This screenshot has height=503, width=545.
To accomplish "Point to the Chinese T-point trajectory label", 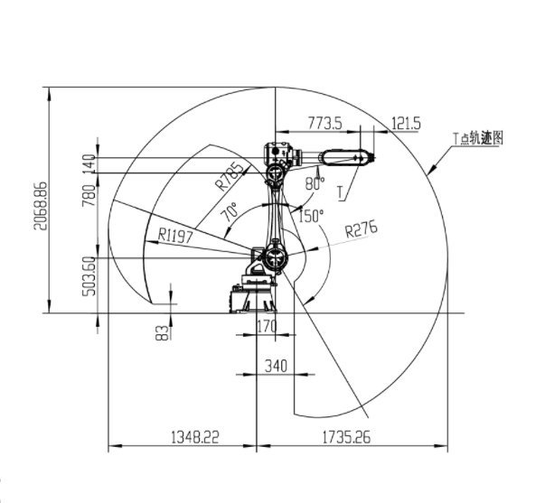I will (x=477, y=137).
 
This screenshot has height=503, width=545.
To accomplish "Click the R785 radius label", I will (x=230, y=175).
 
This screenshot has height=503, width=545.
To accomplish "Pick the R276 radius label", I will (x=361, y=229).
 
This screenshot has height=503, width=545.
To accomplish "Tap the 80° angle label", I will (x=314, y=183).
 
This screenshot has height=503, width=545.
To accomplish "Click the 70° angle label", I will (x=230, y=214).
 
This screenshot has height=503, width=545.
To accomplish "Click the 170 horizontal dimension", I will (x=267, y=327).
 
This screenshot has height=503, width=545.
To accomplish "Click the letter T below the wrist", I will (x=341, y=191).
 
